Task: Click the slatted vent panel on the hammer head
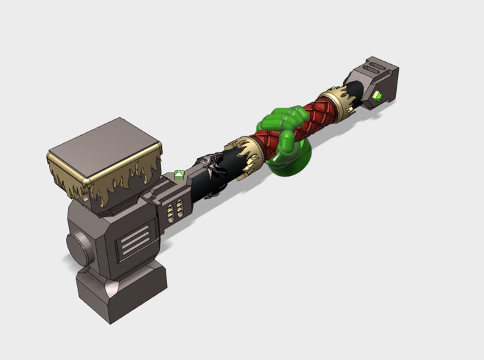click(x=136, y=243)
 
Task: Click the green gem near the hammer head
click(x=179, y=175)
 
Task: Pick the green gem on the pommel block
click(x=376, y=95)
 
